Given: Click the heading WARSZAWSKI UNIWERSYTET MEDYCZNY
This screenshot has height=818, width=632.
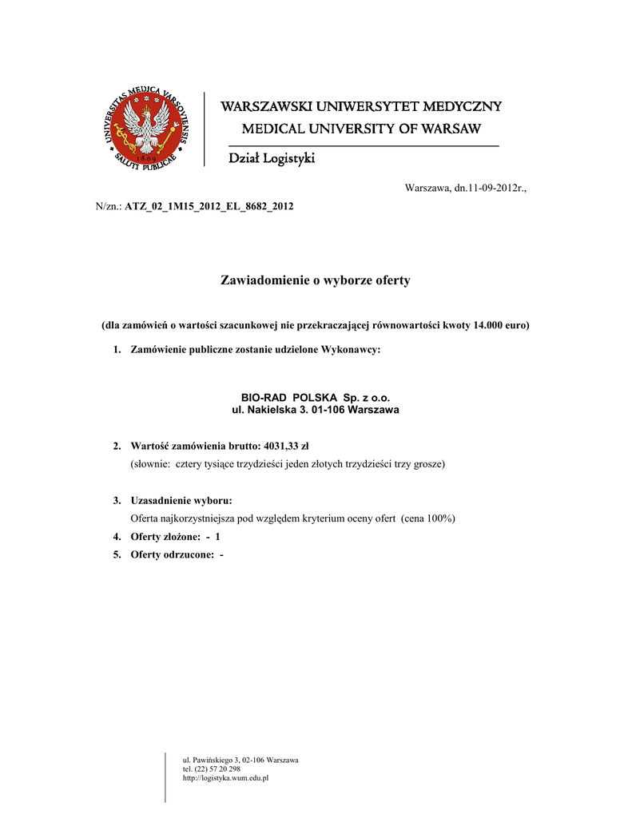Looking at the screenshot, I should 361,107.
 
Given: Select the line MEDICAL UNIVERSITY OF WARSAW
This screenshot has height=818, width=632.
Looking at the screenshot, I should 361,129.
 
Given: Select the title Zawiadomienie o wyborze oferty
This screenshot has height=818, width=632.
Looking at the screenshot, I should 315,280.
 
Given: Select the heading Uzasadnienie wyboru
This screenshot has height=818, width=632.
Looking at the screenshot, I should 181,501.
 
